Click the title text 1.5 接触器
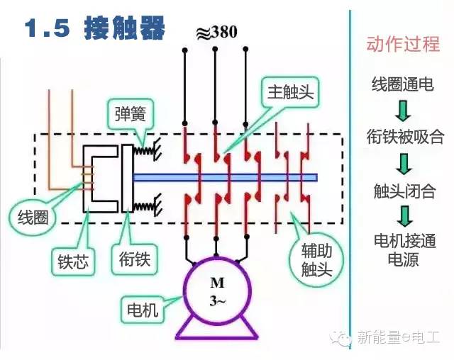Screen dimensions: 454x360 coord(95,28)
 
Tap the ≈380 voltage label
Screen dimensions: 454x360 coord(216,32)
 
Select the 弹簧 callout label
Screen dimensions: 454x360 coord(130,114)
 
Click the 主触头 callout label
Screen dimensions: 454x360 coord(290,92)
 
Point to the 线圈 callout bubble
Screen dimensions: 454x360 coord(33,217)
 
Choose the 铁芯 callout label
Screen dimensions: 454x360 coord(73,261)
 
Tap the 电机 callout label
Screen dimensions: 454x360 coord(143,310)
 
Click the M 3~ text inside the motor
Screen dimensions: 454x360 coord(217,291)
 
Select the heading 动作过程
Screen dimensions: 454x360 coord(403,44)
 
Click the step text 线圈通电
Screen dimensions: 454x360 coord(403,84)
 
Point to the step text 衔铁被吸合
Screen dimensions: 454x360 coord(405,137)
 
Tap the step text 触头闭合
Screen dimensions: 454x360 coord(404,191)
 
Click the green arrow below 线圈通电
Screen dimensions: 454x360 coord(404,111)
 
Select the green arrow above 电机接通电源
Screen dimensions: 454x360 coord(404,216)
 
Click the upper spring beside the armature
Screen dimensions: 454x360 coord(144,150)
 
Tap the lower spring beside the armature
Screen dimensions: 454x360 coord(144,206)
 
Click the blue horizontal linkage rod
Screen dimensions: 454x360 coord(226,178)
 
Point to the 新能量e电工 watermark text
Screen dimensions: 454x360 coord(398,337)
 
